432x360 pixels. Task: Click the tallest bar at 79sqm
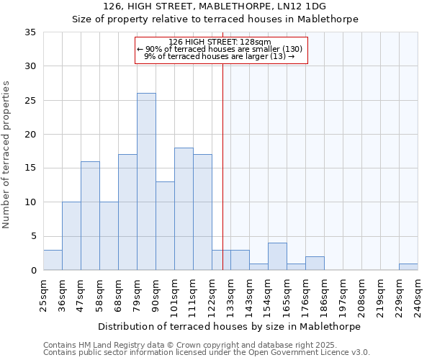[146, 181]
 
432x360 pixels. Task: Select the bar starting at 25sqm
[53, 260]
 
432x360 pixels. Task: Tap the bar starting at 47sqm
[90, 216]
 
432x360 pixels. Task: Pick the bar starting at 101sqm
[184, 209]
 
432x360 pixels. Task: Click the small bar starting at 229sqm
[408, 267]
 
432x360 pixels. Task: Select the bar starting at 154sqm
[277, 257]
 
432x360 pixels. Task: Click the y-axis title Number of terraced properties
[7, 155]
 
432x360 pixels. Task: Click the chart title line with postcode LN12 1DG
[215, 6]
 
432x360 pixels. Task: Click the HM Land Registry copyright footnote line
[189, 345]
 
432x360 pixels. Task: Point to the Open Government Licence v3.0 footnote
[207, 353]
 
